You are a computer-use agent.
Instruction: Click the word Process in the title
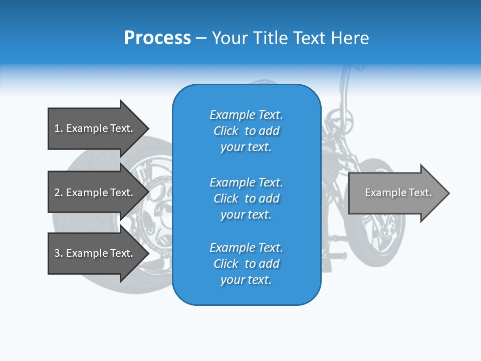click(x=157, y=38)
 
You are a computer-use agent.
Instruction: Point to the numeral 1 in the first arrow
click(x=57, y=128)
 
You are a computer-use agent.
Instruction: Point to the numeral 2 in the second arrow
click(x=57, y=193)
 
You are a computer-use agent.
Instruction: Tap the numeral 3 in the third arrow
click(x=57, y=253)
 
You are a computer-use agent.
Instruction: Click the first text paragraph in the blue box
click(x=246, y=131)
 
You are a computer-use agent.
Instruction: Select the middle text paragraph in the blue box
click(x=246, y=199)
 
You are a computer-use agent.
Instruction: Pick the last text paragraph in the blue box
click(x=246, y=264)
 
